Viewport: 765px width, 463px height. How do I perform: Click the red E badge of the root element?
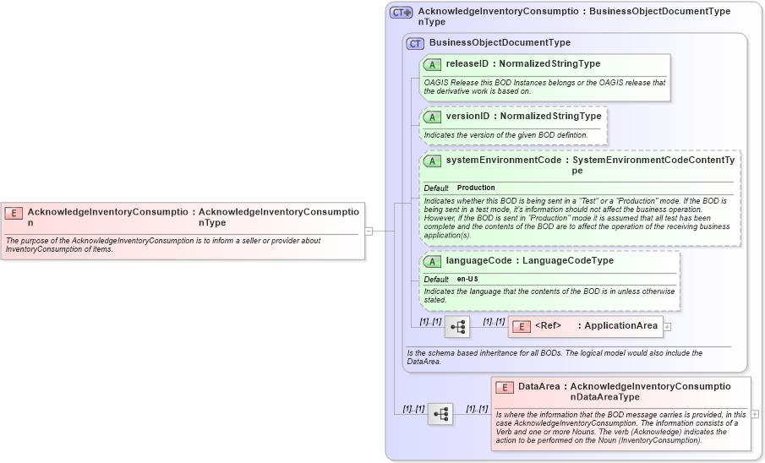pos(14,213)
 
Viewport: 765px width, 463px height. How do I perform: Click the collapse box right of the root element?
pos(369,230)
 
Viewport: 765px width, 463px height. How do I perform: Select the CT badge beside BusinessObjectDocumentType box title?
pos(415,43)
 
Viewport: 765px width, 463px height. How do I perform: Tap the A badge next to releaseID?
pos(432,64)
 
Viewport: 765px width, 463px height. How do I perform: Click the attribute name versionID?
pos(467,117)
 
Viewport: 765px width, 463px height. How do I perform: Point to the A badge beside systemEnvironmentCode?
pos(432,161)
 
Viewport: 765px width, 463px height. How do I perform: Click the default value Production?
pos(476,188)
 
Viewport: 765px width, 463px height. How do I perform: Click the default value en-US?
pos(467,279)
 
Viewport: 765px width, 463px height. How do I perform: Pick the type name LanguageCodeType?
pos(568,261)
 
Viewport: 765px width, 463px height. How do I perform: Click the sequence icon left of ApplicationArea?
pos(457,326)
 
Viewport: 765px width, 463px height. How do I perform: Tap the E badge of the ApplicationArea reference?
pos(521,326)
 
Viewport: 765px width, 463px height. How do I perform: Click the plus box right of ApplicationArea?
pos(667,326)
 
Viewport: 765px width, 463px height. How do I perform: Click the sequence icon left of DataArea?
pos(440,414)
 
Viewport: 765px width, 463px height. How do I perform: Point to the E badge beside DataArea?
pos(505,387)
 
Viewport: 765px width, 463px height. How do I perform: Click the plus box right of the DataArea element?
pos(755,414)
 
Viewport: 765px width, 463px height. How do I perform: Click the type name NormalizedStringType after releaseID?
pos(549,64)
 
